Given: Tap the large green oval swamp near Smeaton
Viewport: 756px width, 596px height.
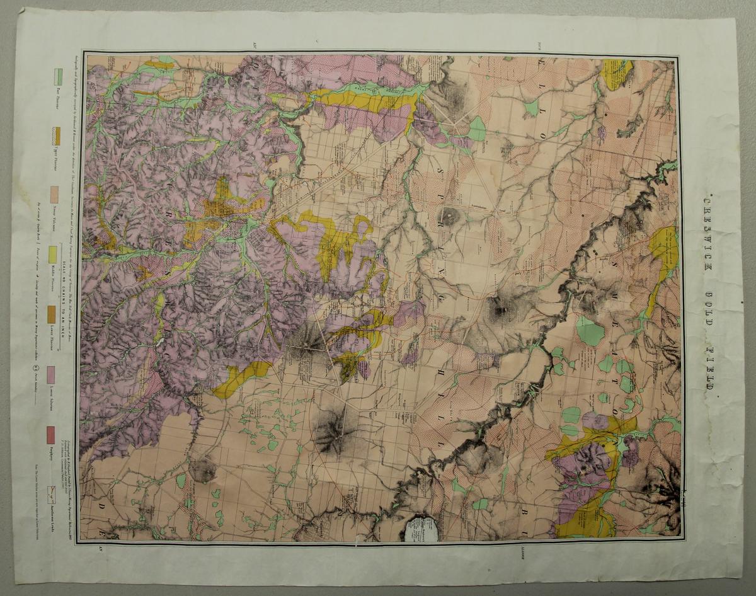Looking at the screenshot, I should pos(590,331).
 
